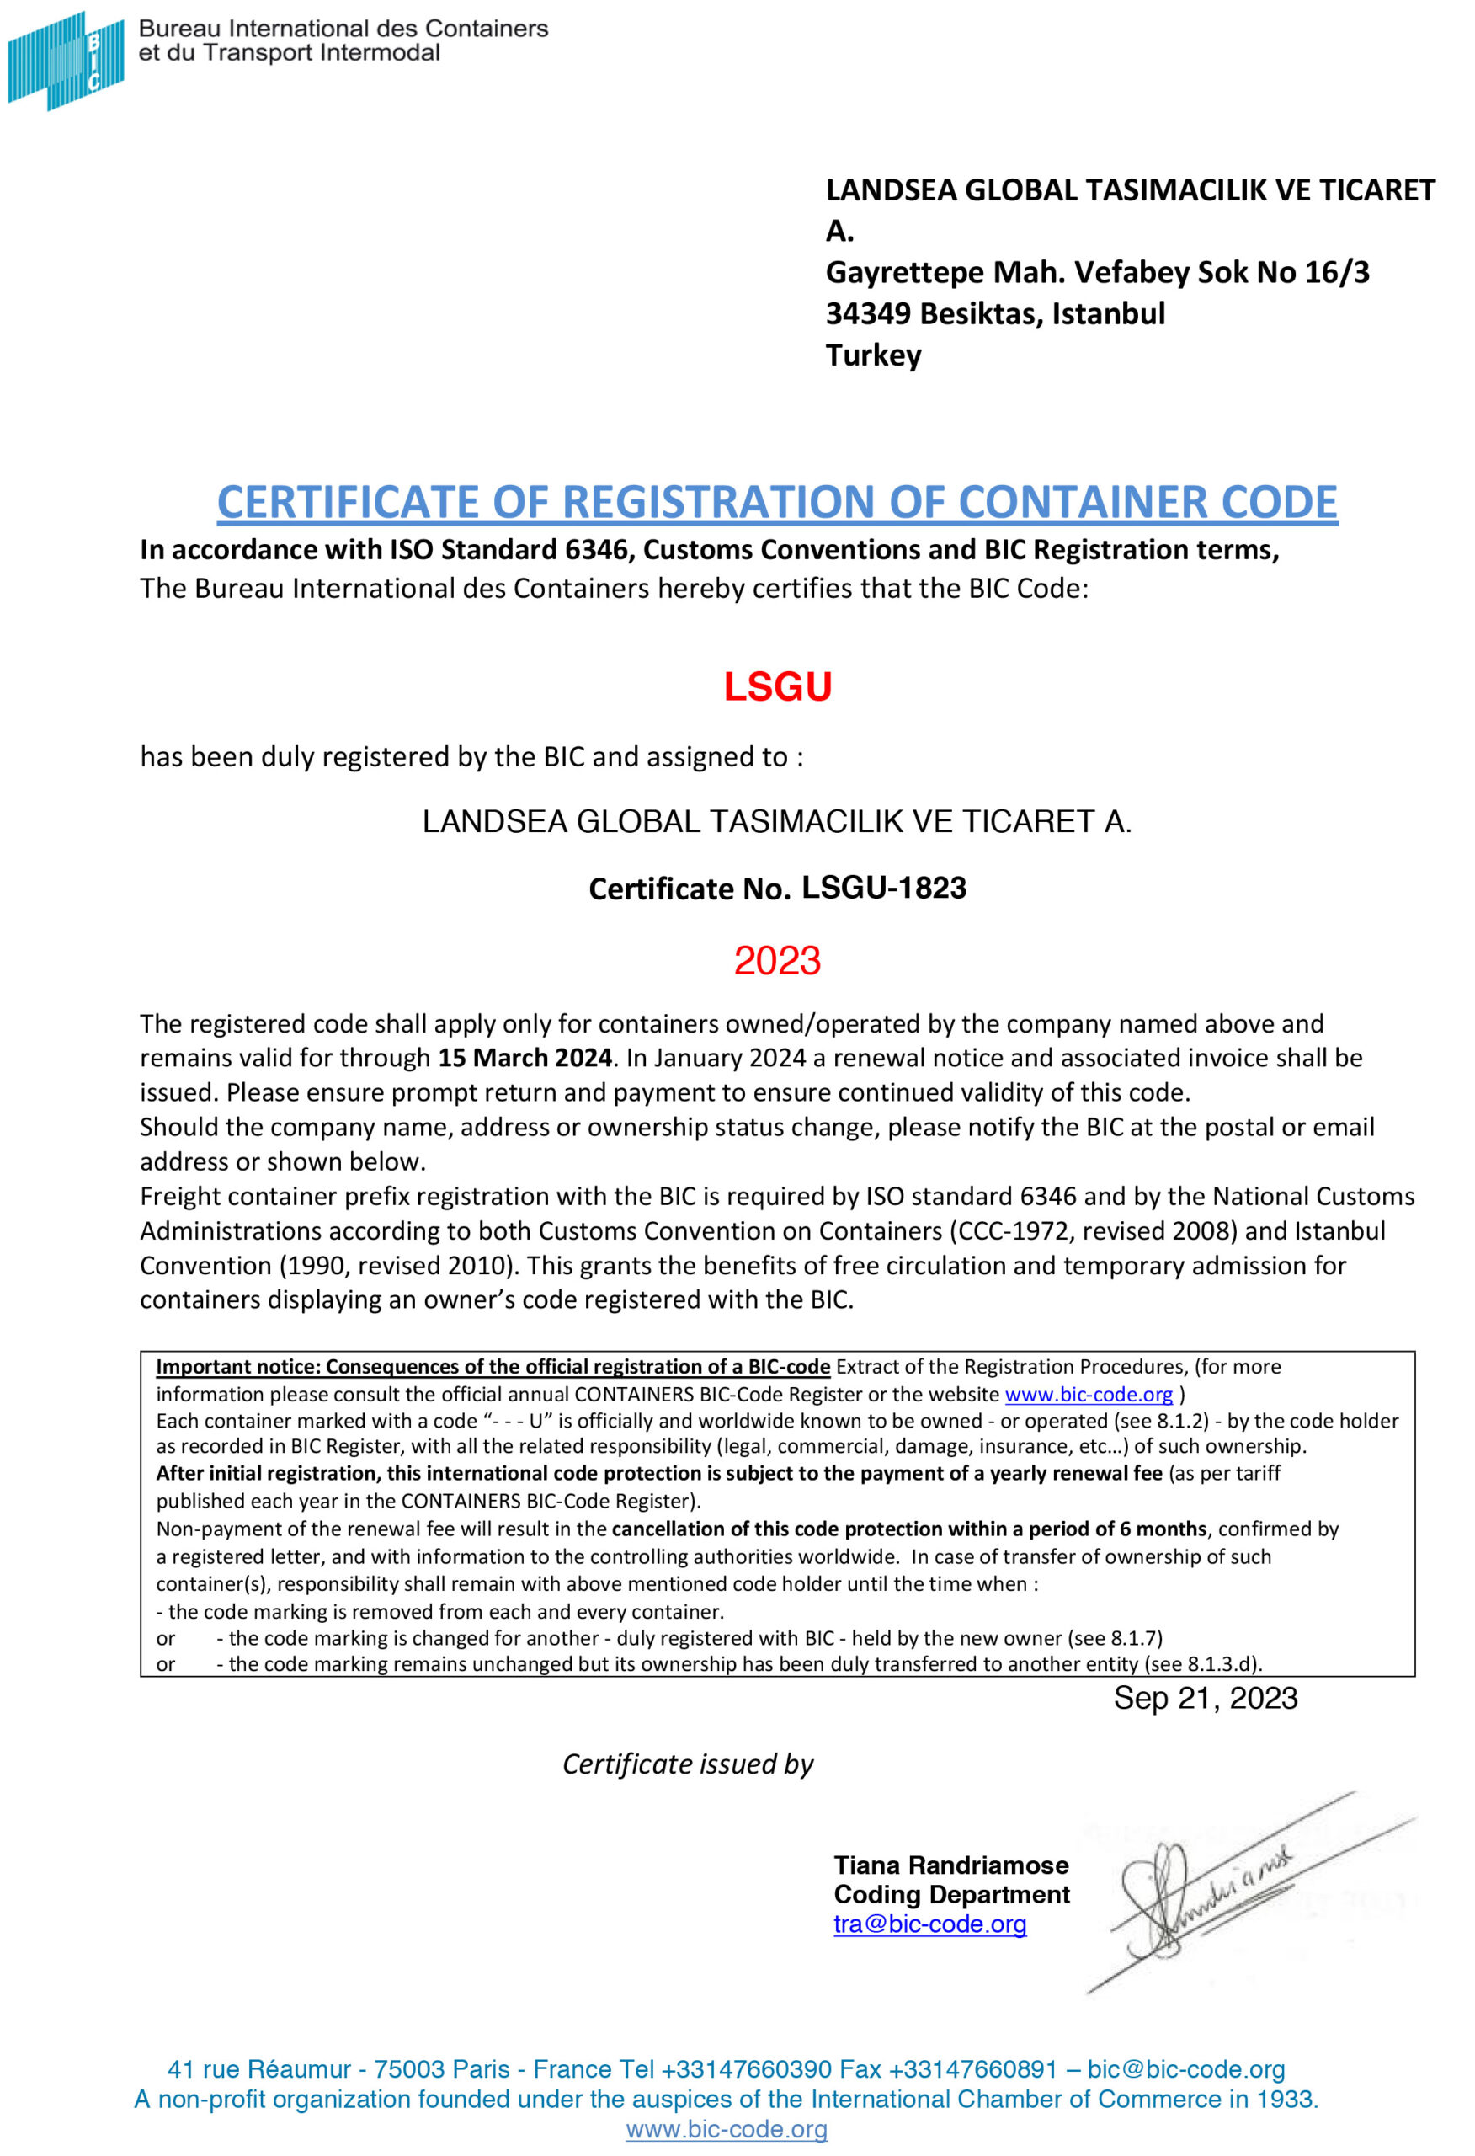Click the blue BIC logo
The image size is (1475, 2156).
pos(65,61)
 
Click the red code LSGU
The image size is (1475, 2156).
pos(777,687)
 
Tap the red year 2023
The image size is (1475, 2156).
pos(777,960)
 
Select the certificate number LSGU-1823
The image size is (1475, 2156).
pos(883,888)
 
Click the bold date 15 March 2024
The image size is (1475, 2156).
pos(525,1058)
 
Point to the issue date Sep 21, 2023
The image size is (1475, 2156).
pos(1205,1698)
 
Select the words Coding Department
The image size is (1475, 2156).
pos(950,1894)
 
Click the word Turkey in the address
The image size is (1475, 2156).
pos(873,355)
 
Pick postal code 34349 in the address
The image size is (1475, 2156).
pos(868,313)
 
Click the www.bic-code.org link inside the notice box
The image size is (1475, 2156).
pos(1089,1394)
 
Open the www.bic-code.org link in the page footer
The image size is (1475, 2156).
pos(727,2129)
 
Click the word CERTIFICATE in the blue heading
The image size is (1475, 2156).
pos(348,502)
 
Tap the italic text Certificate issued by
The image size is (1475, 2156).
pos(687,1764)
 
